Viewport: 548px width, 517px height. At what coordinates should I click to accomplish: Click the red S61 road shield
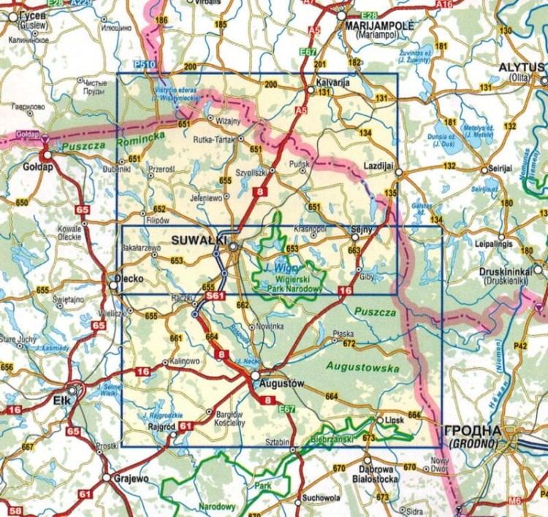click(x=214, y=296)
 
